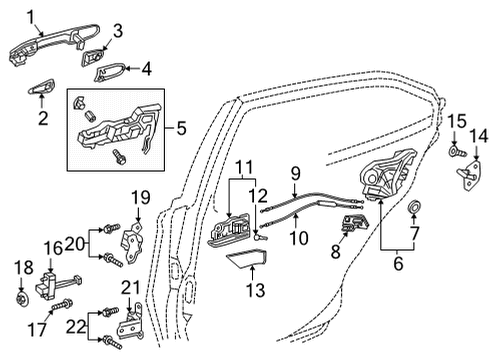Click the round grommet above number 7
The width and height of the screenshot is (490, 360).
point(413,208)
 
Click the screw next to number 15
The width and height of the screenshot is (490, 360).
point(456,152)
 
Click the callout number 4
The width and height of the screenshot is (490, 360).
point(147,69)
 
